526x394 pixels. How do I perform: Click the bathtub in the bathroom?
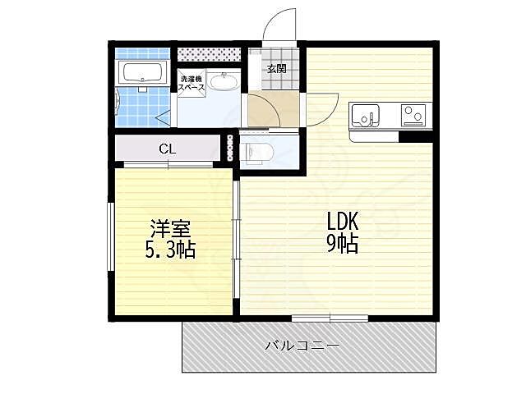point(141,72)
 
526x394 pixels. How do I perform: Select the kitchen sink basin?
point(365,115)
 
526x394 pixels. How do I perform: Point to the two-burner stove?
point(413,114)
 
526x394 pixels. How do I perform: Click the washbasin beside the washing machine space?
point(223,82)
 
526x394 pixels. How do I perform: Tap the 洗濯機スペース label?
point(191,84)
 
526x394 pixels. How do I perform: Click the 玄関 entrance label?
point(277,69)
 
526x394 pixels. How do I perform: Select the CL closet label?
point(168,149)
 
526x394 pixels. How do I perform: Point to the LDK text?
point(343,221)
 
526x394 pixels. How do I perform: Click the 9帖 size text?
point(343,243)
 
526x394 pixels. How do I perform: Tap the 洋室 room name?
point(170,228)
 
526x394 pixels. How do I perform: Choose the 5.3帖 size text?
point(170,250)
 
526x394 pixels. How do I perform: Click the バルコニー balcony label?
point(302,345)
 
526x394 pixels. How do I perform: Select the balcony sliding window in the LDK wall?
point(330,318)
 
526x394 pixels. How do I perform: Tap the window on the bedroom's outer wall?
point(111,236)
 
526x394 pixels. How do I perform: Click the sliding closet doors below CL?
point(168,164)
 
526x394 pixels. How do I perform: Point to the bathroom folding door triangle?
point(164,119)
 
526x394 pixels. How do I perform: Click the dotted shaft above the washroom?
point(209,54)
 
